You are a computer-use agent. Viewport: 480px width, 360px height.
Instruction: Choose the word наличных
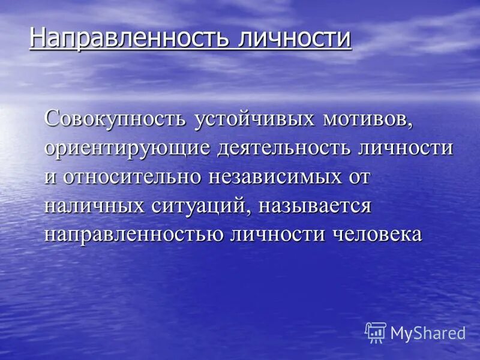click(x=94, y=205)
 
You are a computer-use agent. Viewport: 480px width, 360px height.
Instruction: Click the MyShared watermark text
click(x=428, y=333)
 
